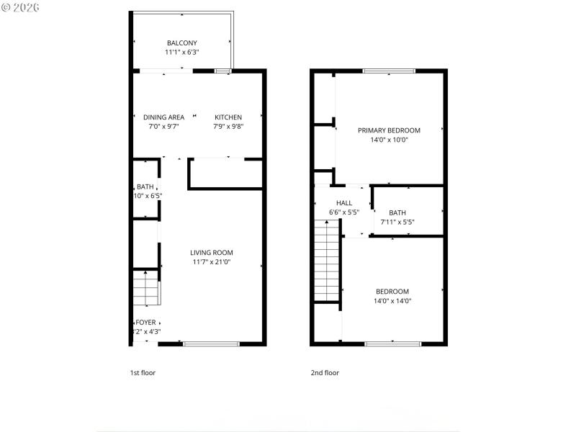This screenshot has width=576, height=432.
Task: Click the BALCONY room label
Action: pos(181,43)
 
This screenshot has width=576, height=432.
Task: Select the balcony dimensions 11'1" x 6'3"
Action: pos(181,53)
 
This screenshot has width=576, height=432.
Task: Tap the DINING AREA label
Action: pos(163,117)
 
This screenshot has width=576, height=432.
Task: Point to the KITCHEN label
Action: pos(228,117)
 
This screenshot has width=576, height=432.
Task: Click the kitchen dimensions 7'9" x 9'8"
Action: pos(228,127)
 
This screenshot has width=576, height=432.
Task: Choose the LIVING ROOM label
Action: pos(212,253)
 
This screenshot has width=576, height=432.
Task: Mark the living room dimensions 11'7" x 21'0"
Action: pos(212,262)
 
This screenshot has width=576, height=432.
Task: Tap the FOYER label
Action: pos(146,323)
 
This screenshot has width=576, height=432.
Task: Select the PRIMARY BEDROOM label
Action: pos(389,130)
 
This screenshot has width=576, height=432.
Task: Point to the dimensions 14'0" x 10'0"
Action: pos(389,140)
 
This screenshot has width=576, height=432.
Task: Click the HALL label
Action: pos(344,203)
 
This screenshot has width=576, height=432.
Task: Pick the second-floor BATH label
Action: pos(397,212)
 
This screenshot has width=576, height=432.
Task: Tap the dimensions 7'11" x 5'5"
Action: pos(397,222)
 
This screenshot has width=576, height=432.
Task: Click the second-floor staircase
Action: pos(326,261)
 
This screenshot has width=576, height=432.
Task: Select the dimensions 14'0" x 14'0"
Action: pos(392,301)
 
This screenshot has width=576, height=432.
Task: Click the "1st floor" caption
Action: pos(143,373)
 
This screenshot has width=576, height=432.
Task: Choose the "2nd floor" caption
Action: pos(325,373)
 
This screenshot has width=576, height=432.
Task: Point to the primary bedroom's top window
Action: pos(389,71)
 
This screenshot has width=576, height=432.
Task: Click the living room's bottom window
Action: pos(211,344)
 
